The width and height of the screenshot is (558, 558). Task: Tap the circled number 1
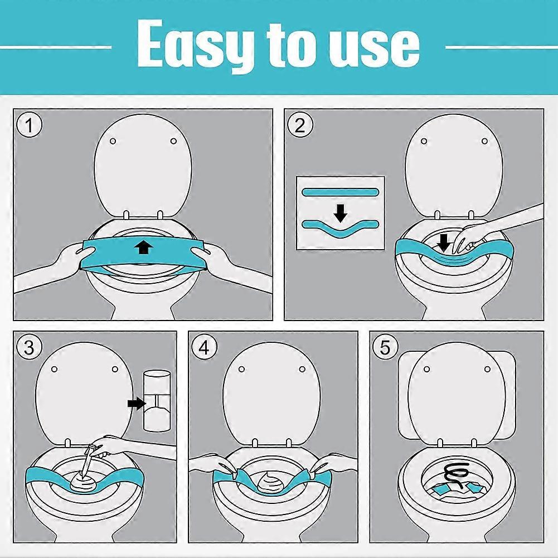(30, 125)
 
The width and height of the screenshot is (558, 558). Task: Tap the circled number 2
(300, 125)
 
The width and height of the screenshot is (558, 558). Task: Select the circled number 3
(29, 347)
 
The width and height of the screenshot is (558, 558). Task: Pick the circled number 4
(204, 347)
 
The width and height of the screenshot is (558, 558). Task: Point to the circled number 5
(385, 347)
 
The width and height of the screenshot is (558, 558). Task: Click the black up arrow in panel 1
(143, 246)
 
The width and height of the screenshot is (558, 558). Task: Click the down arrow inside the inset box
(341, 213)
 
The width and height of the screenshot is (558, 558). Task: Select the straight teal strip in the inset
(339, 192)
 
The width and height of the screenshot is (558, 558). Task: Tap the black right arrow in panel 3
(137, 403)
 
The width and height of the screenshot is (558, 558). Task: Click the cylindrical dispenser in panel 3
(157, 401)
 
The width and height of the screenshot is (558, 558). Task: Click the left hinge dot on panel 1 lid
(113, 141)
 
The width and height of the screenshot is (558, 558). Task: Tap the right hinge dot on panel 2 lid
(484, 141)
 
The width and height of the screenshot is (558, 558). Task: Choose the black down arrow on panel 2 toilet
(444, 242)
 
